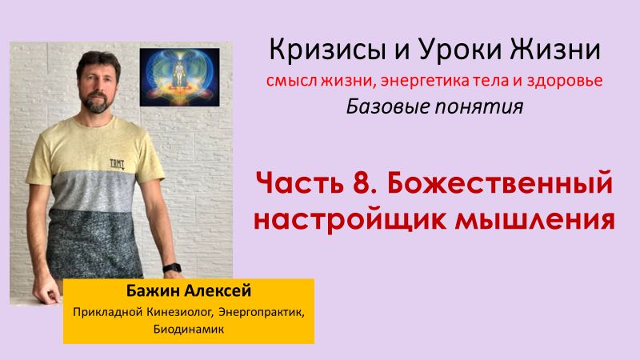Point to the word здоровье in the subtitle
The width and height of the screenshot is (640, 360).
(x=563, y=81)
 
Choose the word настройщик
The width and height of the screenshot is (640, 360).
(x=348, y=217)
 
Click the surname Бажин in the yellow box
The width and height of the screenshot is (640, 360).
(x=150, y=290)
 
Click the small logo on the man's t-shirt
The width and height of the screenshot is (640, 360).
(x=106, y=161)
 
